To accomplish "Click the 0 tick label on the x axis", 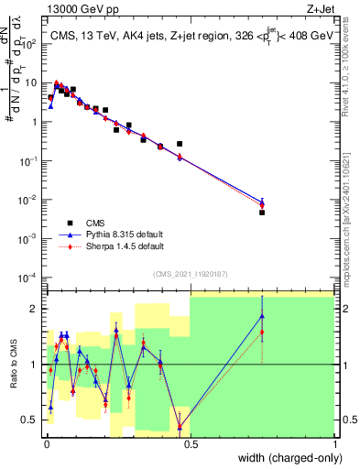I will pos(45,444).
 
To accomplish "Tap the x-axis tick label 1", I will pos(334,444).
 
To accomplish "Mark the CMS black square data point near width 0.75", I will pos(262,213).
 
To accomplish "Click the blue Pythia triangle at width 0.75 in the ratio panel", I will pos(262,316).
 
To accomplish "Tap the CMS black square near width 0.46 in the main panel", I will pos(180,144).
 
